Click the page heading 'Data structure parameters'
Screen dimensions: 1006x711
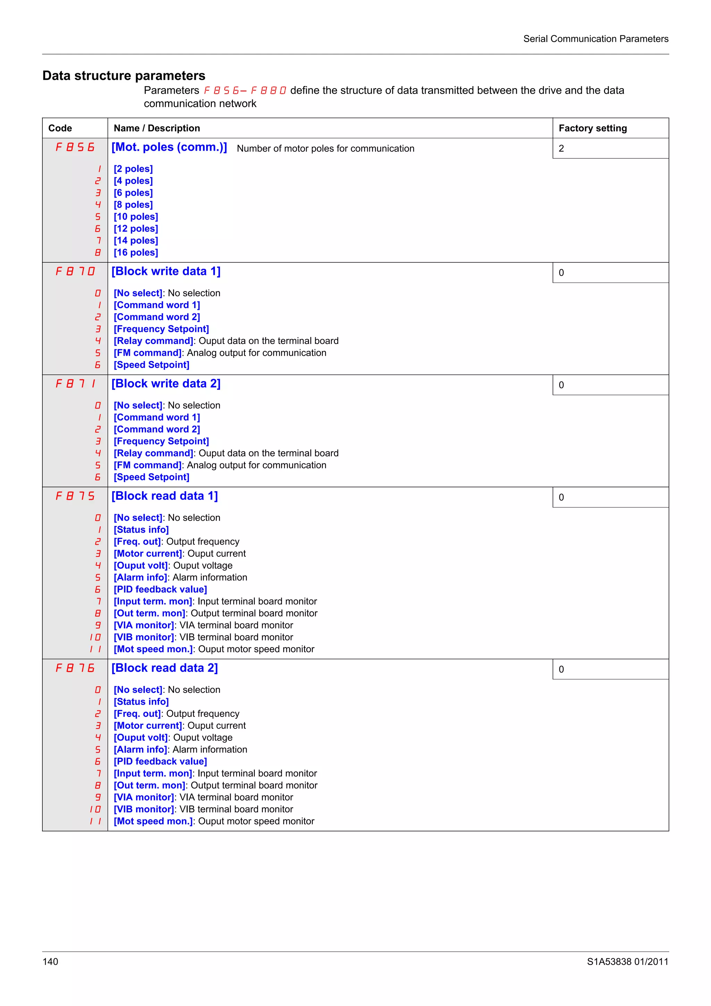[x=124, y=76]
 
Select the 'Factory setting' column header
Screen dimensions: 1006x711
[x=592, y=128]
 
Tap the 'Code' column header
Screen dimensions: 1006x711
[x=60, y=128]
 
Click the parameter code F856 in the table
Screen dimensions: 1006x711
[x=75, y=147]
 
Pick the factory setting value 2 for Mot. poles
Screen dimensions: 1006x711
[x=561, y=149]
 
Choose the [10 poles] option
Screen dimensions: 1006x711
[x=136, y=217]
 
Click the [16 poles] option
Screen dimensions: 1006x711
[x=136, y=253]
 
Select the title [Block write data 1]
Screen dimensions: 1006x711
[x=166, y=271]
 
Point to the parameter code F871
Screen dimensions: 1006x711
[x=75, y=384]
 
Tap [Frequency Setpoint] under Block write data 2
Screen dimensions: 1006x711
[x=161, y=441]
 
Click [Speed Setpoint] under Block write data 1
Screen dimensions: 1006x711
[x=152, y=365]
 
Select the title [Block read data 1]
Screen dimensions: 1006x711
[x=165, y=496]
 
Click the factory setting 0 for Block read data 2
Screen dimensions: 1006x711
[x=561, y=670]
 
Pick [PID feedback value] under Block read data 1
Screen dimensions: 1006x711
[x=160, y=589]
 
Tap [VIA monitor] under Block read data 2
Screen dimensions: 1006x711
[x=144, y=797]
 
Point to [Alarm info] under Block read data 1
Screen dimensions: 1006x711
[x=141, y=578]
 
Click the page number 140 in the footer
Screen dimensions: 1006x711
[x=50, y=962]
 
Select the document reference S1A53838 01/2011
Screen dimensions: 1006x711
[x=627, y=962]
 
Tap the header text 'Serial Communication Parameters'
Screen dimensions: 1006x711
[x=595, y=39]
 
